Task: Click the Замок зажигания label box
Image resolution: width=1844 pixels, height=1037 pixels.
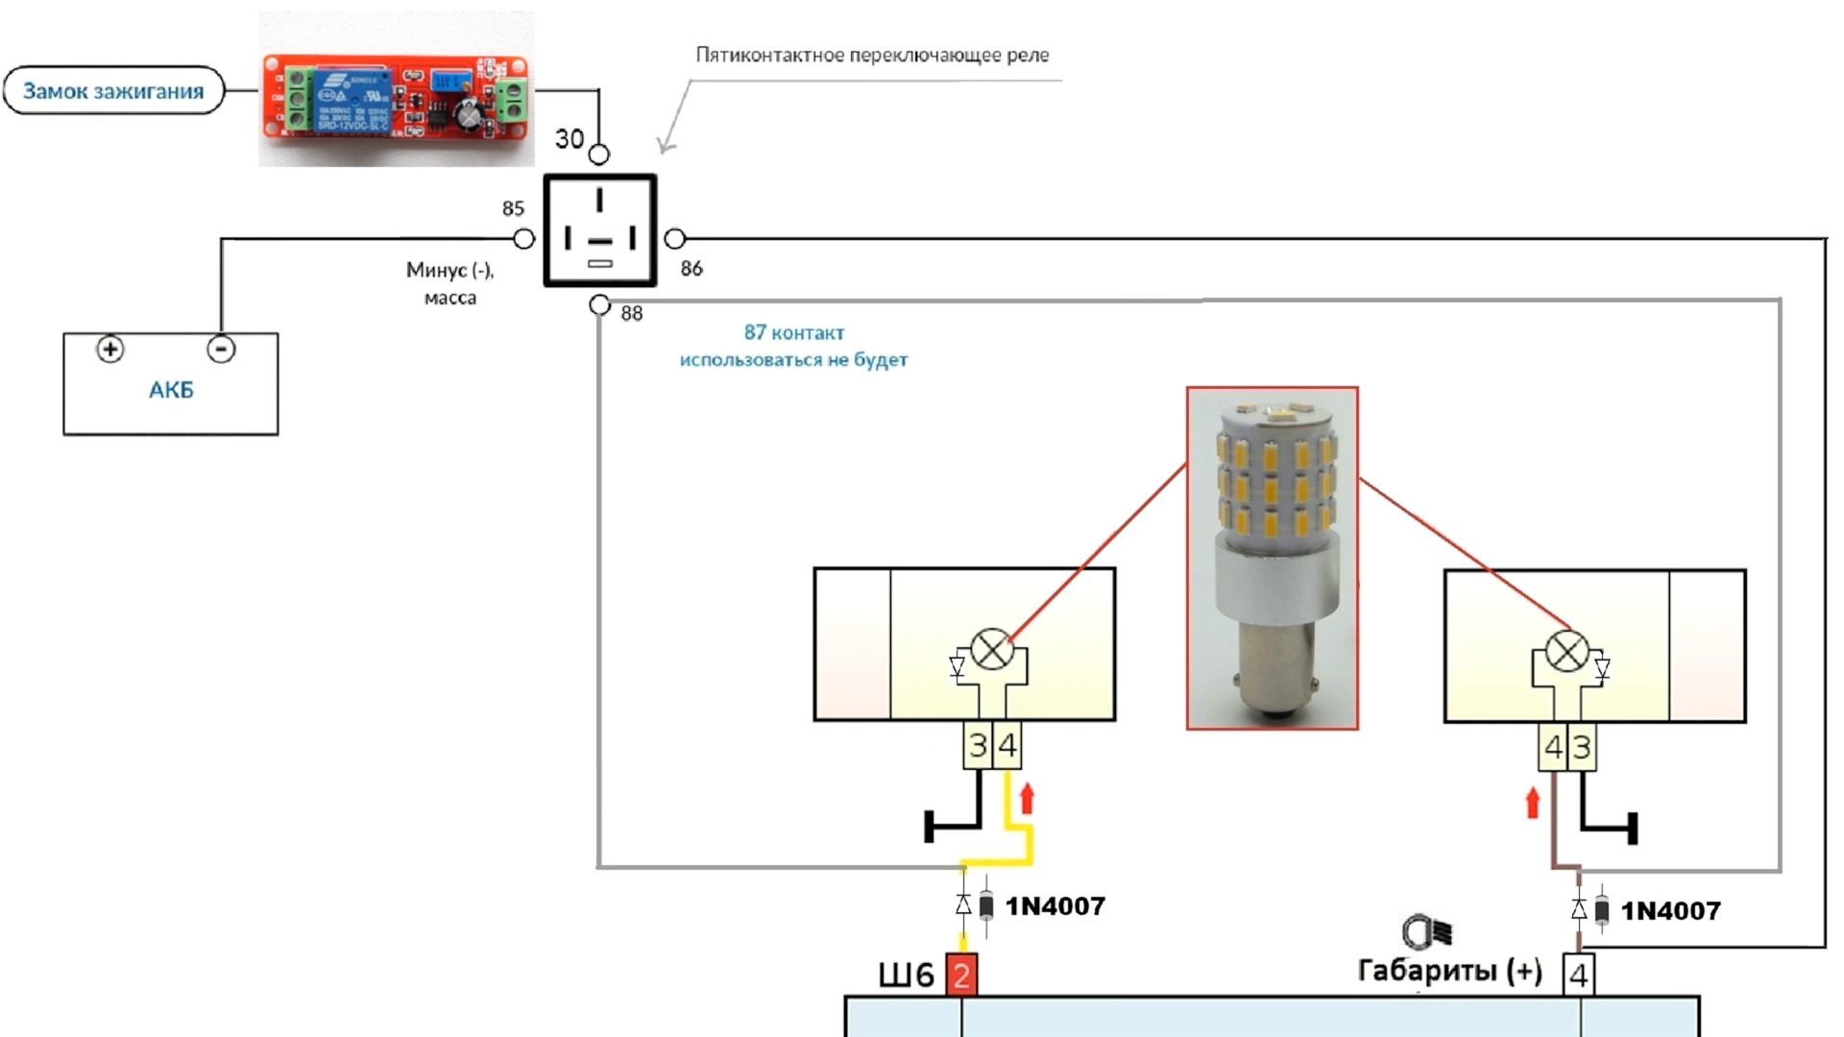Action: [x=113, y=91]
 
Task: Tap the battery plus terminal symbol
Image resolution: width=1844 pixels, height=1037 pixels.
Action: [x=110, y=349]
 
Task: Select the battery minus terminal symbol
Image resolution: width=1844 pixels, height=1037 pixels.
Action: [x=221, y=349]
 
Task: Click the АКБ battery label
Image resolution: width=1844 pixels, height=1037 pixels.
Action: [x=171, y=390]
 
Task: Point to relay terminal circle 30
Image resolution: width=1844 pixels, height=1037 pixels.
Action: [x=598, y=154]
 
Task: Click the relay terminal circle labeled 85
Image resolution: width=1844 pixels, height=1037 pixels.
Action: [x=524, y=238]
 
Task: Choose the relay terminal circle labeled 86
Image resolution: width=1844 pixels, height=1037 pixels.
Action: [x=675, y=238]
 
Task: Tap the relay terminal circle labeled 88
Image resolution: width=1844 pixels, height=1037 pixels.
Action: [x=599, y=304]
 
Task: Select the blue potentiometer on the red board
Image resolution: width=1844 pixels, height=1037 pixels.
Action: [x=448, y=81]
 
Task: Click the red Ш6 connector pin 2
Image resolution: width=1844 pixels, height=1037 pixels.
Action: [x=961, y=975]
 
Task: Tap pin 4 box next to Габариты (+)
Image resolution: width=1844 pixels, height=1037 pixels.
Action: [x=1578, y=975]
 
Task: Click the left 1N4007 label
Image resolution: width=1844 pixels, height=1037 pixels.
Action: [x=1055, y=906]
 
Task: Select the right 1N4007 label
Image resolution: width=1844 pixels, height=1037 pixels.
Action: [x=1670, y=911]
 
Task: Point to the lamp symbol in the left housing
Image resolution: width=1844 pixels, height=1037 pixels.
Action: [x=992, y=650]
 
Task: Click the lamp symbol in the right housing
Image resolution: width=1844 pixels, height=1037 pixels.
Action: [x=1567, y=652]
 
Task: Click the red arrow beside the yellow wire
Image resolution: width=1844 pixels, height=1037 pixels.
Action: [x=1027, y=798]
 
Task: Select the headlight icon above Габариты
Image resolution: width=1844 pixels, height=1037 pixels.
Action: [x=1427, y=932]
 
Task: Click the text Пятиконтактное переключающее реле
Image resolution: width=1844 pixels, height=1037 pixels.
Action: [x=872, y=56]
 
